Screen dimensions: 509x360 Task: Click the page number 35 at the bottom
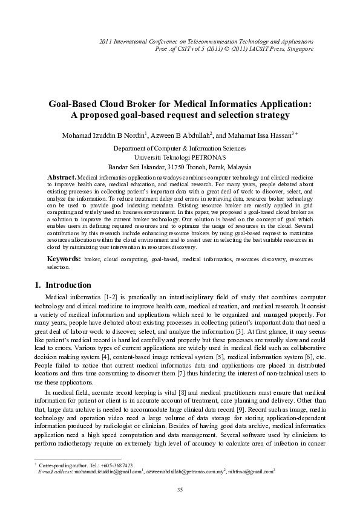[x=180, y=489]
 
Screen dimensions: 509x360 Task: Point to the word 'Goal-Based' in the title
[x=76, y=103]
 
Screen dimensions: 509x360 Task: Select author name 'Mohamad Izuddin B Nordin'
[x=103, y=135]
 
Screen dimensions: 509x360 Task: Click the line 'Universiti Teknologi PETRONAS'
[x=180, y=156]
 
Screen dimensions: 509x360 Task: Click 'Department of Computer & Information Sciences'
[x=180, y=147]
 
